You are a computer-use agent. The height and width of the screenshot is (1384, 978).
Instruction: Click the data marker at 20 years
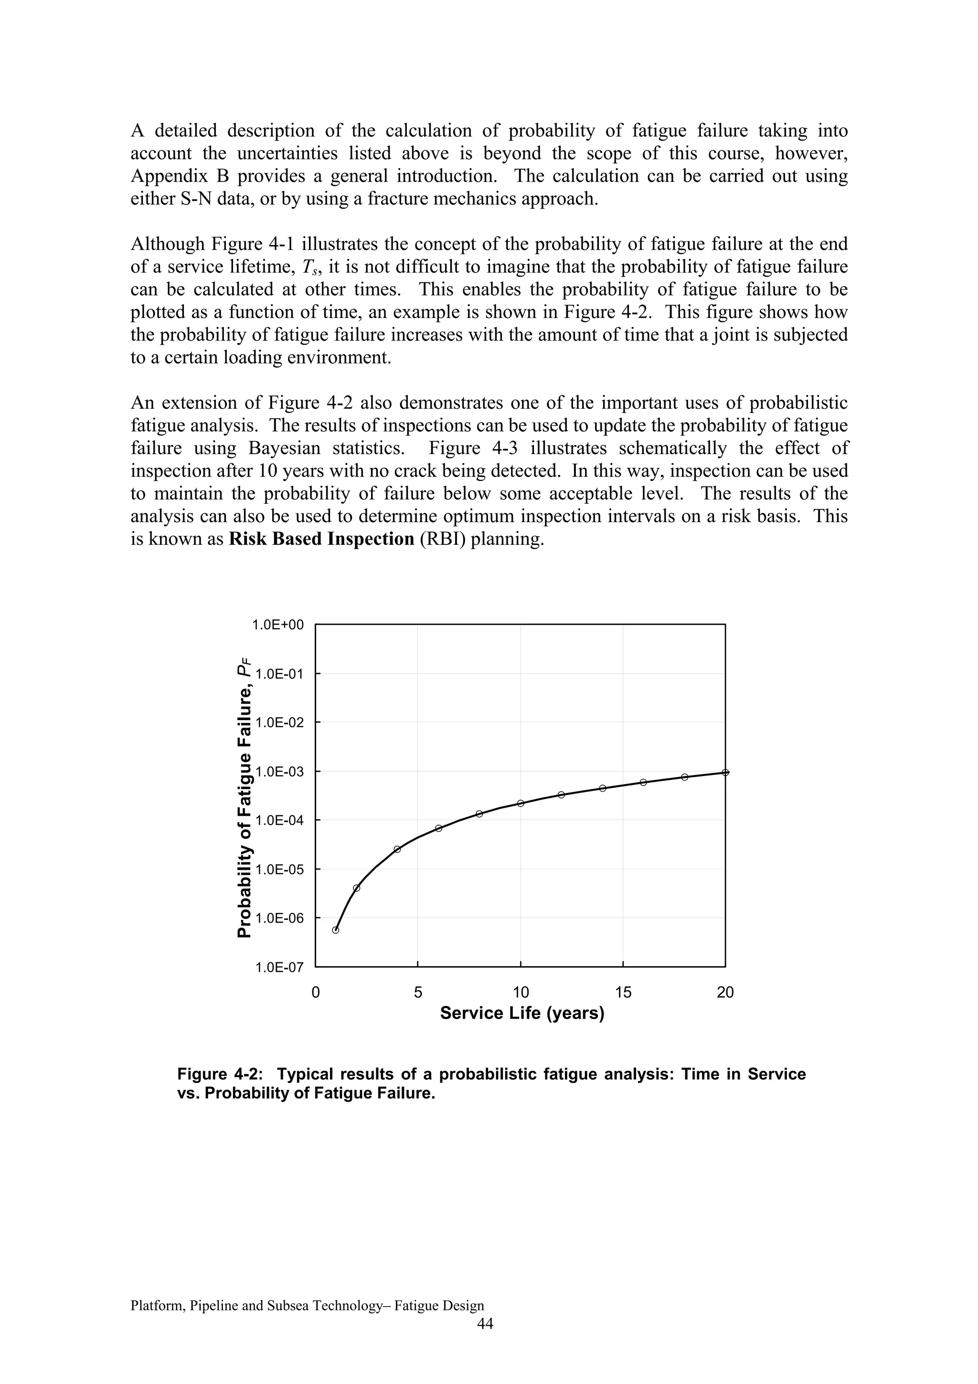725,772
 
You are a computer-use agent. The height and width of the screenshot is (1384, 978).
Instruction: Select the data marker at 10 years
520,803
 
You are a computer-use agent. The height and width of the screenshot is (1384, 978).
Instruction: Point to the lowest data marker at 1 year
336,929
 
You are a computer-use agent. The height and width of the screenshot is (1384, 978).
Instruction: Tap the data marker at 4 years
397,849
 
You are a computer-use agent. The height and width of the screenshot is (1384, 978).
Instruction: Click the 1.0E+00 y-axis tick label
278,625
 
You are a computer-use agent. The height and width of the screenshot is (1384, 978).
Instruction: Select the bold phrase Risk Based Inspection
321,539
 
